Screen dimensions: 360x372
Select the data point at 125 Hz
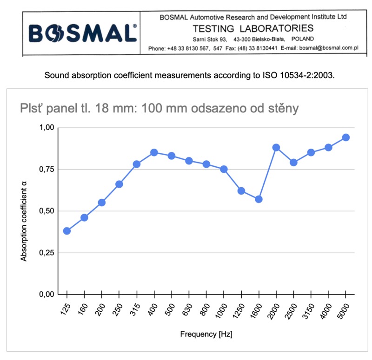pos(67,231)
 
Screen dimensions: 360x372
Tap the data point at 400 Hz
pos(154,152)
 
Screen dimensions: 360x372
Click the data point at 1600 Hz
pos(259,199)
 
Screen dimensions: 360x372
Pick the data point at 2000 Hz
pos(276,147)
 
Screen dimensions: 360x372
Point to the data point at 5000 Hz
pos(346,137)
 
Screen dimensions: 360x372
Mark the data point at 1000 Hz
pos(224,169)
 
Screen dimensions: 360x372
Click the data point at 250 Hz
pos(119,184)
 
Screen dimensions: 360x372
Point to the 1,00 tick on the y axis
pos(47,127)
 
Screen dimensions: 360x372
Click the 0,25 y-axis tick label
pos(47,253)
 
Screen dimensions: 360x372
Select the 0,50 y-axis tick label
pos(47,211)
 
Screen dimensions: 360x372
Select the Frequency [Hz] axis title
pos(206,334)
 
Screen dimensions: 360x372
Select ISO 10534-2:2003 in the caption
pos(299,75)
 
